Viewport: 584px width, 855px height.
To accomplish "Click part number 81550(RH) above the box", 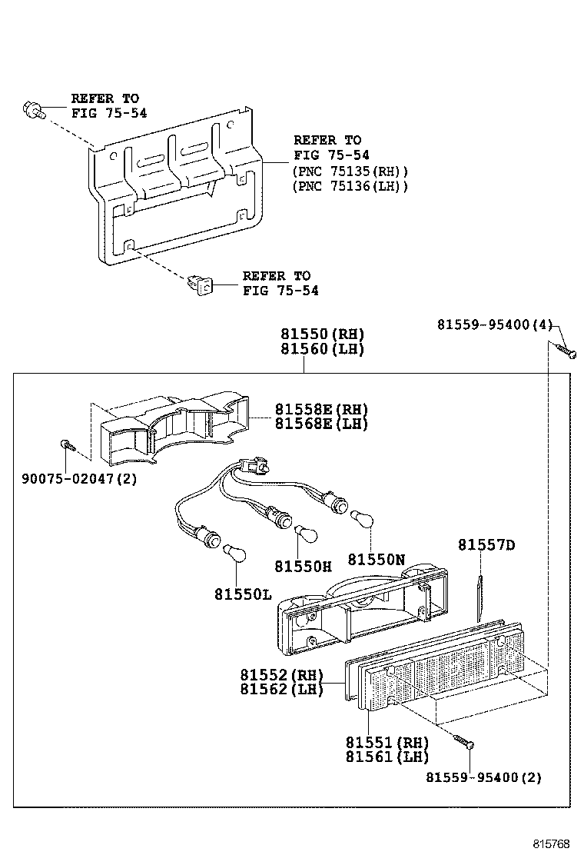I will [x=321, y=334].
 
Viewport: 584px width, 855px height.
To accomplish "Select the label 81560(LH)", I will [x=321, y=348].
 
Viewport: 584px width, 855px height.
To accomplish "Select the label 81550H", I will [x=303, y=567].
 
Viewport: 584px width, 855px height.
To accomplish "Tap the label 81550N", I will [x=376, y=560].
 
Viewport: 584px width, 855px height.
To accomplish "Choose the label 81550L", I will [x=243, y=594].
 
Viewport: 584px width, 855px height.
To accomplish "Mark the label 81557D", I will [x=486, y=545].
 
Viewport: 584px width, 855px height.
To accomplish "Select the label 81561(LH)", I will [x=387, y=757].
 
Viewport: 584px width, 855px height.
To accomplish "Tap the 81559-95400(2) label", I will [x=484, y=777].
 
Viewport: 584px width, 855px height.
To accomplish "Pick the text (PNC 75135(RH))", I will [x=350, y=171].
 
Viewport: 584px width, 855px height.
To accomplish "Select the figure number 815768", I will [x=552, y=843].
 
